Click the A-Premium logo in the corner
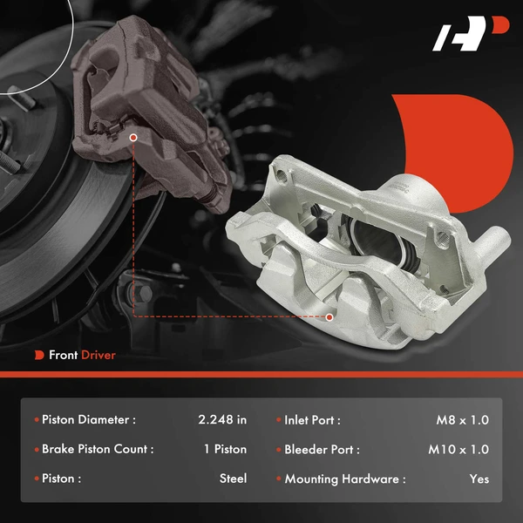click(x=470, y=37)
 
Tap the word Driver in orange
click(x=98, y=355)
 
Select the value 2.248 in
click(x=222, y=419)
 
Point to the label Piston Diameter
click(x=88, y=419)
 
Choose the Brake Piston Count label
click(x=97, y=449)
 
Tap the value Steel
click(x=233, y=479)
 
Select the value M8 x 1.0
click(x=462, y=419)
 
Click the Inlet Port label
click(x=311, y=419)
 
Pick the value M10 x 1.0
click(x=458, y=449)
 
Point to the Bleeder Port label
click(x=321, y=449)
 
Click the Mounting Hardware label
click(x=344, y=479)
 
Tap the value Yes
click(x=479, y=479)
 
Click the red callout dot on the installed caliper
click(x=132, y=137)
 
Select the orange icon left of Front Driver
click(x=39, y=355)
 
